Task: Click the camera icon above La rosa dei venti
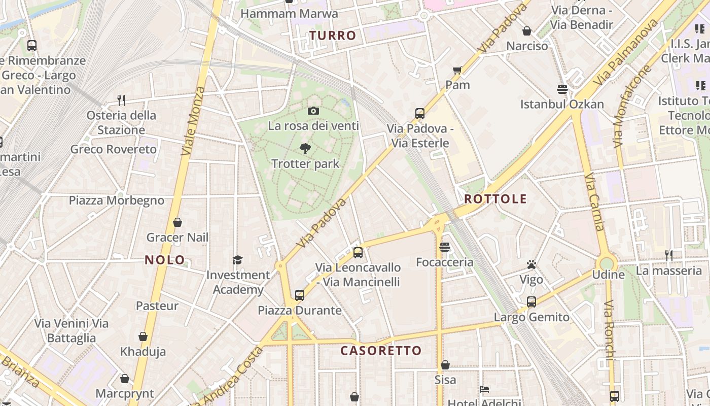pos(313,111)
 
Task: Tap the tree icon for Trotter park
pos(305,148)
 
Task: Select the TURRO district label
pos(333,36)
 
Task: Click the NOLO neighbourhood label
pos(165,260)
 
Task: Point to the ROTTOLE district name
pos(495,199)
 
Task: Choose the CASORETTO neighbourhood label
pos(381,351)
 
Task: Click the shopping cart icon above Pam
pos(457,70)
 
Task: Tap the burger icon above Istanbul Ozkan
pos(562,89)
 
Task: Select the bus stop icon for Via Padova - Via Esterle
pos(420,113)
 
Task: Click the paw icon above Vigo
pos(531,264)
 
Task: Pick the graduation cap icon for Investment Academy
pos(237,260)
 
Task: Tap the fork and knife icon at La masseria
pos(669,255)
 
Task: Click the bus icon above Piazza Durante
pos(300,295)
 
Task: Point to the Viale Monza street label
pos(193,121)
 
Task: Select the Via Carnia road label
pos(594,202)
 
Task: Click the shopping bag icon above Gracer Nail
pos(177,222)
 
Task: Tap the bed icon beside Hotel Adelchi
pos(484,389)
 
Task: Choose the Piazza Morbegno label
pos(117,200)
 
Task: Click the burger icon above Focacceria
pos(445,247)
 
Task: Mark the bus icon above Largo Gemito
pos(531,302)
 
